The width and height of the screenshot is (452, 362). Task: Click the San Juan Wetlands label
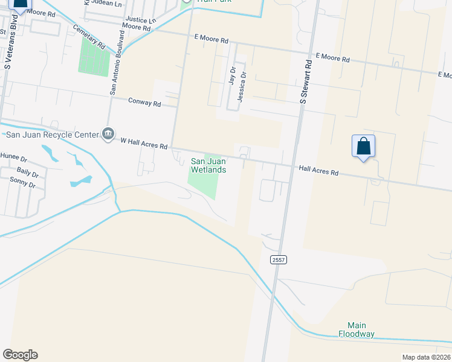click(x=208, y=165)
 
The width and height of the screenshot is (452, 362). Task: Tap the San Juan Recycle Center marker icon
click(x=108, y=133)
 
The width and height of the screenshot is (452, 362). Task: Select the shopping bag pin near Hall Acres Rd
click(x=363, y=147)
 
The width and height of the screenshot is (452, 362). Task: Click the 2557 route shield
click(x=279, y=259)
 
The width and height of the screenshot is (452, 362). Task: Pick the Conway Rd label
click(x=144, y=103)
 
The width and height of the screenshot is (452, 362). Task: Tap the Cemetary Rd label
click(x=89, y=36)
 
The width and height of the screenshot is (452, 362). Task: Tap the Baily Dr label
click(x=28, y=173)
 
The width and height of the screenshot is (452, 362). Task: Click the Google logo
click(x=20, y=355)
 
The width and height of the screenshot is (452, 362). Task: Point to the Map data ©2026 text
click(x=427, y=357)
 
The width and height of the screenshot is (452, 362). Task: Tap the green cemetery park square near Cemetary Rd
click(x=94, y=57)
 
